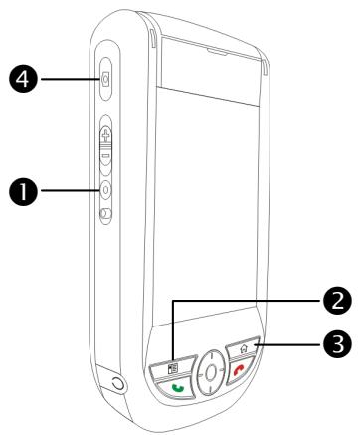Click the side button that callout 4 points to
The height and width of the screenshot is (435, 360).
point(105,80)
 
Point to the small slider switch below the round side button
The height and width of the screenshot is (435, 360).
point(104,212)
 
